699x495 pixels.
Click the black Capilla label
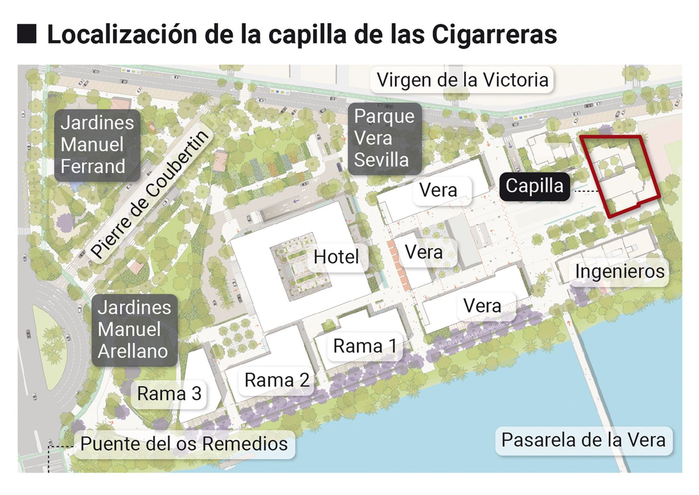pos(534,187)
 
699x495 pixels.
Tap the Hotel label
pos(336,257)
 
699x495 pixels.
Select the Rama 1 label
pos(365,346)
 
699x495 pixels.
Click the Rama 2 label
pos(277,380)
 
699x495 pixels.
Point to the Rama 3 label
pos(169,394)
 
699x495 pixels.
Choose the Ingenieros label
pos(619,271)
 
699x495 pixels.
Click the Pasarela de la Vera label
pos(583,440)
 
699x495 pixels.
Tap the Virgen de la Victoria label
pos(462,80)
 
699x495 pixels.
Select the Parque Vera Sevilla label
pos(384,138)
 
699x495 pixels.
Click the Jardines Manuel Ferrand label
pos(97,145)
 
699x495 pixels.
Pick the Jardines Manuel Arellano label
pos(134,329)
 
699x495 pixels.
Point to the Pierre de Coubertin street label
pos(150,194)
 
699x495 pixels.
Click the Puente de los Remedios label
pos(184,444)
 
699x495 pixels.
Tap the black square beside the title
pos(27,34)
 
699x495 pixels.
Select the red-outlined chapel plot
pos(623,175)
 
